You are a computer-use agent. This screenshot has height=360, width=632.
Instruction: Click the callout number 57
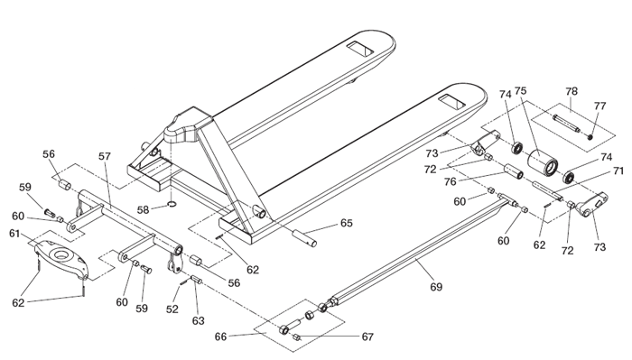tap(105, 156)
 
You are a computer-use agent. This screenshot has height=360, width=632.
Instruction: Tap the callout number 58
tap(143, 210)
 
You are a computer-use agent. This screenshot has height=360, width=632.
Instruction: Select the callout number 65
tap(347, 223)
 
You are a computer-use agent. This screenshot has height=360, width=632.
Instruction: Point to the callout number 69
tap(436, 287)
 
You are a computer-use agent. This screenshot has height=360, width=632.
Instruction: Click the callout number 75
tap(520, 91)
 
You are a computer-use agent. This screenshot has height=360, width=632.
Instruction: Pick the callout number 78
tap(572, 91)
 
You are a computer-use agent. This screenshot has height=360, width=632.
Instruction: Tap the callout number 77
tap(599, 106)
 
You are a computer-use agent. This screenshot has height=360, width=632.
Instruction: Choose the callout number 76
tap(451, 181)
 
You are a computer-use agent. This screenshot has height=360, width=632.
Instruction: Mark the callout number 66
tap(220, 337)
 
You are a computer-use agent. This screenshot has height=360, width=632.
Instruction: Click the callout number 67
tap(367, 337)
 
